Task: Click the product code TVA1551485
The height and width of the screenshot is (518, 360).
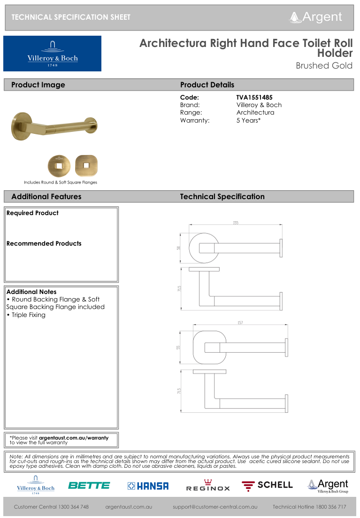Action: point(254,97)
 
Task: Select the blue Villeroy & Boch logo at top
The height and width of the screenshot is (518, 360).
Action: point(52,54)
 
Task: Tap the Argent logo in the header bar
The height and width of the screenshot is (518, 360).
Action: point(316,17)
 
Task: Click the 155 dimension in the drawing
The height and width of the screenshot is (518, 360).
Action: point(236,223)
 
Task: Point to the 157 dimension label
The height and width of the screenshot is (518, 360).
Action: point(240,323)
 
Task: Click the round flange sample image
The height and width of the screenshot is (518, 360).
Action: point(59,165)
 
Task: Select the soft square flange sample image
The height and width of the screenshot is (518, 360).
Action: point(86,165)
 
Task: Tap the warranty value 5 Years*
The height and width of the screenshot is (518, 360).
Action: point(248,120)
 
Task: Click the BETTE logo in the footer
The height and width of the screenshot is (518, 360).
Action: point(89,486)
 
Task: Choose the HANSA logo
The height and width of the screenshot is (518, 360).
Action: point(148,486)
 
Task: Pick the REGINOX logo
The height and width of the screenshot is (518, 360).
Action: point(208,486)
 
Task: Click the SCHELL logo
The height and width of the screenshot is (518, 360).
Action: point(267,485)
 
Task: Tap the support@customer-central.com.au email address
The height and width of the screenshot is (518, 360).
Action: point(215,507)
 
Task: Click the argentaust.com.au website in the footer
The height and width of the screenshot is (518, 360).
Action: point(129,507)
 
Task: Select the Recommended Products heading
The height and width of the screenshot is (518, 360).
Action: point(44,243)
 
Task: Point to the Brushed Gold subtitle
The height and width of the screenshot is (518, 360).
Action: point(324,66)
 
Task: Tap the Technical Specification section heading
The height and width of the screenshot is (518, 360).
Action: point(222,197)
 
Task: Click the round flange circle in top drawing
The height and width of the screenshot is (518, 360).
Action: point(203,247)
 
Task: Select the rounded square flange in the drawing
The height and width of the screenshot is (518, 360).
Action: point(208,347)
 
